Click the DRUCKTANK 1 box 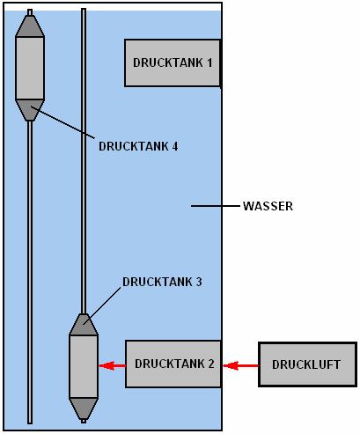173,63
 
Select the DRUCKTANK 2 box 173,364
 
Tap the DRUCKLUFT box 307,364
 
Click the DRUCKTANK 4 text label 138,146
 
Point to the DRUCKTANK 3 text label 162,282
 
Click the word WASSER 268,206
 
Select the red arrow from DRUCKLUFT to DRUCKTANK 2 240,365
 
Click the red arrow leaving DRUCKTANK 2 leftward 112,365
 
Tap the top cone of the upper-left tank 30,26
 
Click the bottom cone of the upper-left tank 30,110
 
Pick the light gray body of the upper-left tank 30,68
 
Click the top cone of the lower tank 84,325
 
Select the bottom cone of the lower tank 84,408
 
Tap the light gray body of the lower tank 84,366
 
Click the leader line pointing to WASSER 216,206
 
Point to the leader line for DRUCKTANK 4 62,122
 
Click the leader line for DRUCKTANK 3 102,306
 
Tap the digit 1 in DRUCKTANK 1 209,63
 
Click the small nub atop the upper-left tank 30,12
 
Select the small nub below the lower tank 84,421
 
